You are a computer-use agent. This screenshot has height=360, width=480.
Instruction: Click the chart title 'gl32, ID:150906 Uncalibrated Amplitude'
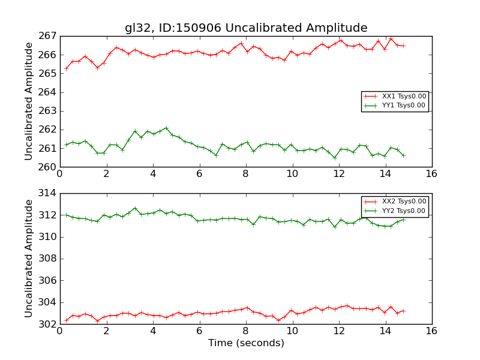coord(245,28)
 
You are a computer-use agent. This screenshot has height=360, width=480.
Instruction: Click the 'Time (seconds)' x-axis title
coord(246,343)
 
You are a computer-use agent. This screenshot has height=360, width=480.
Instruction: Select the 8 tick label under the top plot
coord(245,174)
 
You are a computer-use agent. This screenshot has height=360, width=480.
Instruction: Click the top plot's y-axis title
coord(29,101)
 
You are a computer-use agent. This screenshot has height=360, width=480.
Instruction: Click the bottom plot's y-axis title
coord(29,259)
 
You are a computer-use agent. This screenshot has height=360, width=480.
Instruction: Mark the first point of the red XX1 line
coord(66,68)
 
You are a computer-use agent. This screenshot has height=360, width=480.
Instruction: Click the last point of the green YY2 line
coord(403,220)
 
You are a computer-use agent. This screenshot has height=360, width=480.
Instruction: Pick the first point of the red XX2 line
coord(66,320)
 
